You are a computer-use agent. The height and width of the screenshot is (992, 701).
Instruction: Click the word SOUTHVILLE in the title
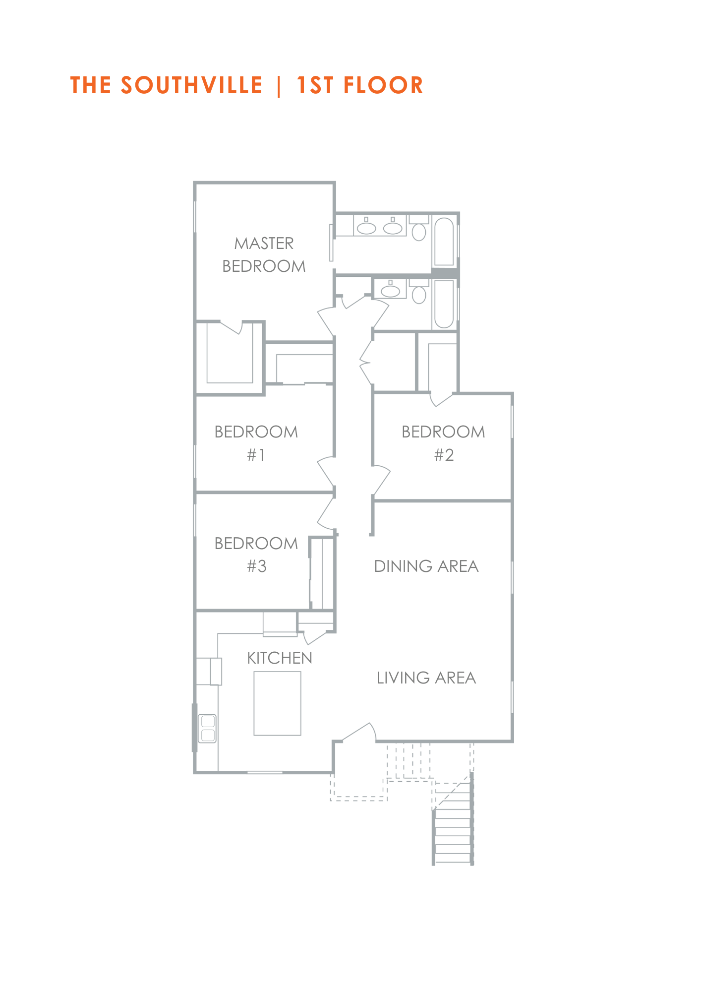pos(191,85)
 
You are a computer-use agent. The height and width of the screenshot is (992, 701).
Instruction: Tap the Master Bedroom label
pos(264,255)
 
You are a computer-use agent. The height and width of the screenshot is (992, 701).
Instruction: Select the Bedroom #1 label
pos(256,443)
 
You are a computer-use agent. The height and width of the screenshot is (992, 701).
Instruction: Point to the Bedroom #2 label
pos(443,443)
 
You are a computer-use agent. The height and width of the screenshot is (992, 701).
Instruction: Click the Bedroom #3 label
pos(256,555)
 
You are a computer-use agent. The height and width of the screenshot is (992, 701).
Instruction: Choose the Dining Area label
pos(426,566)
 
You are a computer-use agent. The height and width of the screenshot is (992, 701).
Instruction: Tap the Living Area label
pos(426,678)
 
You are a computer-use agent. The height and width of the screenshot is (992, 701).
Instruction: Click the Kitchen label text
pos(280,658)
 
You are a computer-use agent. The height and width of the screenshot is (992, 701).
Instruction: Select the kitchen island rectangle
pos(278,703)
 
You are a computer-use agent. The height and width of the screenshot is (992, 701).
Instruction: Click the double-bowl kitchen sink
pos(208,728)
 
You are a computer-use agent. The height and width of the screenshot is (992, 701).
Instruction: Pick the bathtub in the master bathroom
pos(444,242)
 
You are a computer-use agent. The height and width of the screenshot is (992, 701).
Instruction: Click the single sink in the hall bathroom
pos(390,290)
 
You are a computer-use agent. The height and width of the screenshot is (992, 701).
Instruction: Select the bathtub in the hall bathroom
pos(444,304)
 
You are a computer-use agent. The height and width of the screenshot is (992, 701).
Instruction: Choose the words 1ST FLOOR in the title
pos(360,85)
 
